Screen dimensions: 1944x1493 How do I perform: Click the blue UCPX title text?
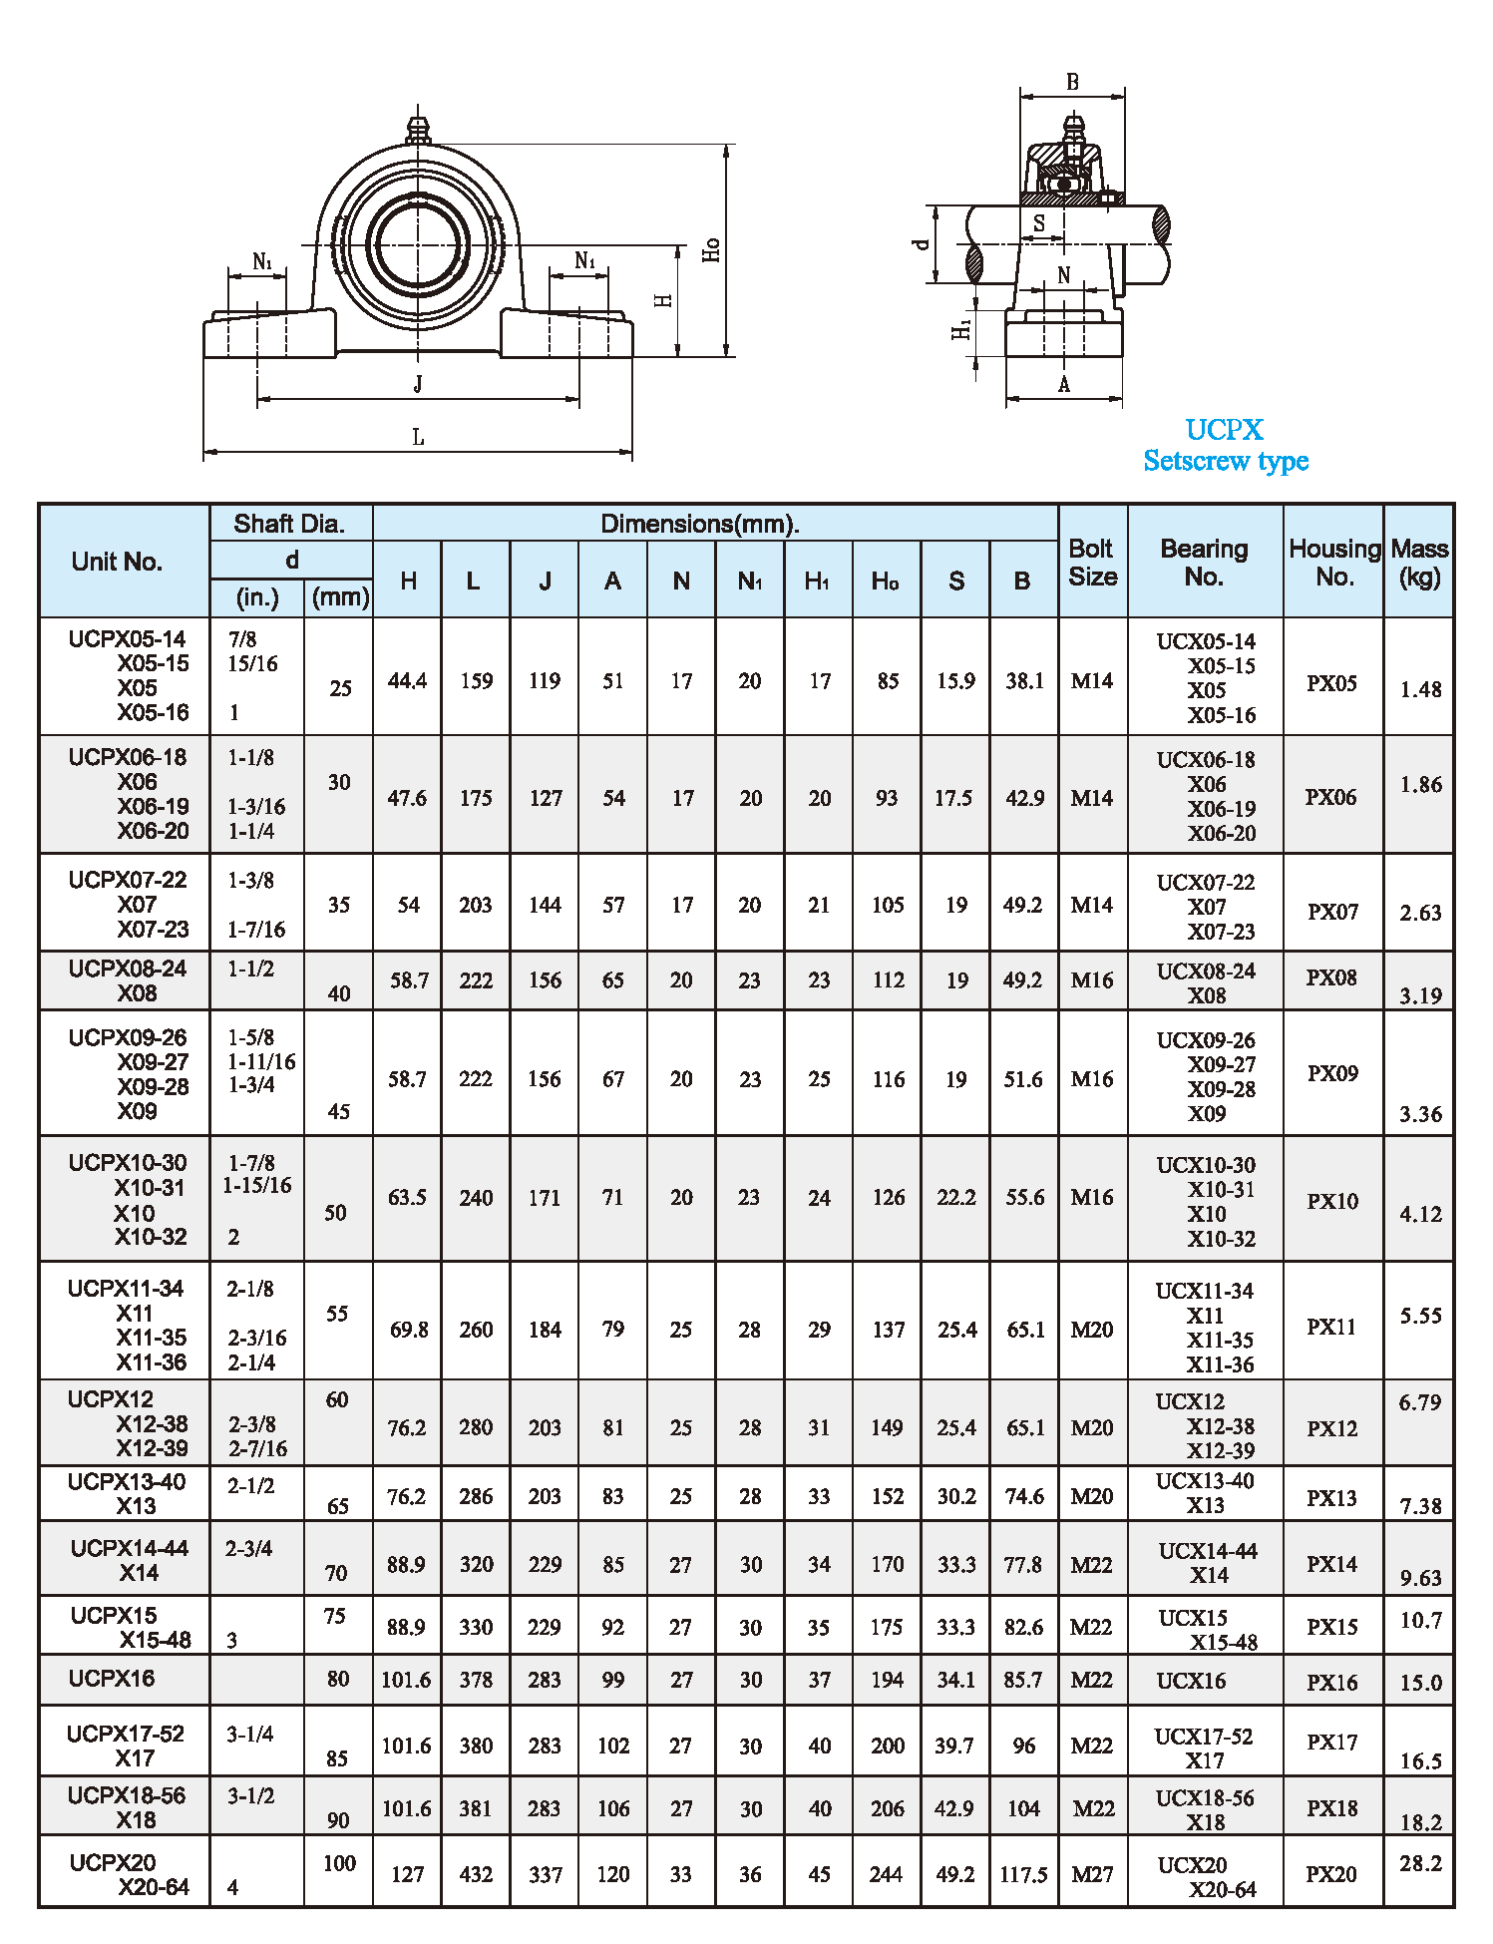click(x=1224, y=430)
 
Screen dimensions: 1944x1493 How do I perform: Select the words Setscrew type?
click(x=1226, y=461)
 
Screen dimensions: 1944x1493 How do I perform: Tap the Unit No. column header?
click(x=117, y=562)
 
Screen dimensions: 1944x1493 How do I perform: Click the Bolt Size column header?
click(x=1092, y=563)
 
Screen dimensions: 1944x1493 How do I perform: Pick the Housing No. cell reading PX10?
click(x=1332, y=1201)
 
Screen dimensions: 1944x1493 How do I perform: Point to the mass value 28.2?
click(x=1420, y=1863)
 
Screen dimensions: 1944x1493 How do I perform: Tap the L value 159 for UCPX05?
click(x=476, y=681)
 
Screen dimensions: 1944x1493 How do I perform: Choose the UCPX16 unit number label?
click(x=112, y=1679)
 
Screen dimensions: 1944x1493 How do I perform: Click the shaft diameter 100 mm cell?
click(x=339, y=1863)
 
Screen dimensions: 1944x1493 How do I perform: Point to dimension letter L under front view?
click(x=418, y=437)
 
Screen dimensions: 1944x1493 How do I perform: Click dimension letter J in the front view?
click(x=418, y=383)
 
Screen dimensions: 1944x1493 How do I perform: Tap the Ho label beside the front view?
click(x=711, y=249)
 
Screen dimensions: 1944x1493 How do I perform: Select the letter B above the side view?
click(x=1072, y=82)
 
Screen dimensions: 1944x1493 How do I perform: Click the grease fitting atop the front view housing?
click(x=418, y=128)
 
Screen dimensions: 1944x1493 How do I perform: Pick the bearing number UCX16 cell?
click(x=1191, y=1681)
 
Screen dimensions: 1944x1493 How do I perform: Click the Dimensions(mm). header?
click(x=700, y=524)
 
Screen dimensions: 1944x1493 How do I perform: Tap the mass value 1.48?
click(x=1420, y=689)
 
